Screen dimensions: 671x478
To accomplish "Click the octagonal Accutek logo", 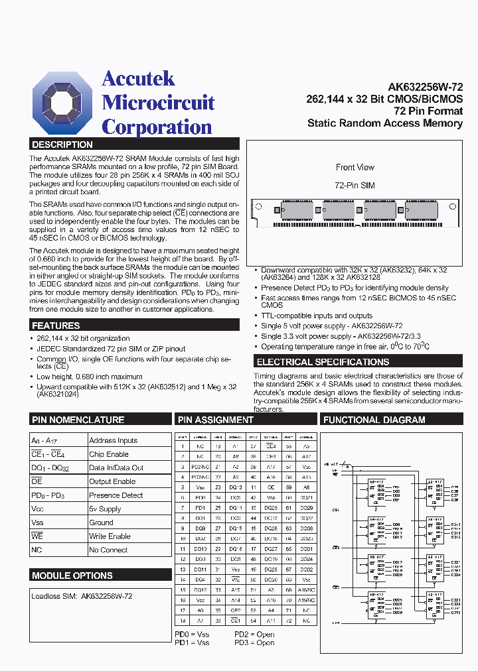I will click(63, 103).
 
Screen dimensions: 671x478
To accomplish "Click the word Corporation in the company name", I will click(157, 127).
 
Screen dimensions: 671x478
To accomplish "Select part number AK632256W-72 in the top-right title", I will click(425, 87).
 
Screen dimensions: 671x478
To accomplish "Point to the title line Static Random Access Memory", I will click(385, 123).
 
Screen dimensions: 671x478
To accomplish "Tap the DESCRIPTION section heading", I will click(63, 145).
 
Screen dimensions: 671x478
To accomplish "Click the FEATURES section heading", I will click(56, 326).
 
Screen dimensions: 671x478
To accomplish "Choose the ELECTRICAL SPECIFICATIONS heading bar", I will click(323, 362).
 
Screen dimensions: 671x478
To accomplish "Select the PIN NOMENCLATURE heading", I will click(78, 420).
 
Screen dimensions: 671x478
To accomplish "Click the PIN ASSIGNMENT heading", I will click(216, 420).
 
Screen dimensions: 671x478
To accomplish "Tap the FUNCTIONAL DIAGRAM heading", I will click(374, 420).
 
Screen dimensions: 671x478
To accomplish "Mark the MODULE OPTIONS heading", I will click(72, 576).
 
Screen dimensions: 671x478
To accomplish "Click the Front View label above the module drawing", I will click(355, 168).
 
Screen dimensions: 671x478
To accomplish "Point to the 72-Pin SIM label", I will click(355, 184).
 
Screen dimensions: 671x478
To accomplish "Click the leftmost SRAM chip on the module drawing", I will click(297, 212).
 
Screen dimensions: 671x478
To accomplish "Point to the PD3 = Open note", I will click(254, 642).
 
